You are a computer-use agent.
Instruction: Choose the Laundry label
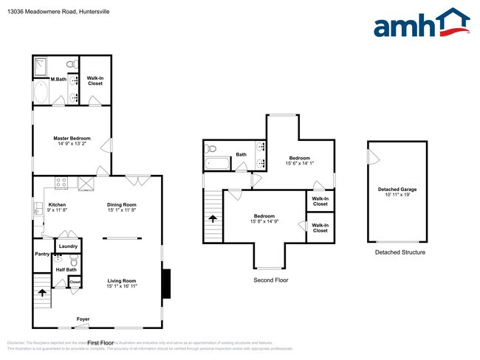click(x=69, y=246)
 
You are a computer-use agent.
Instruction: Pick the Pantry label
click(x=41, y=255)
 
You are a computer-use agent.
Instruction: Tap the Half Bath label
click(x=66, y=269)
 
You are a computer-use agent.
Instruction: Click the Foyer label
click(x=83, y=319)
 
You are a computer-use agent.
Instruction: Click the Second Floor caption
click(x=271, y=280)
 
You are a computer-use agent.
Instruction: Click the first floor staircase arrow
click(x=42, y=292)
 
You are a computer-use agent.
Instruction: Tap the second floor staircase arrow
click(x=213, y=218)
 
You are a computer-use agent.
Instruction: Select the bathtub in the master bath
click(x=41, y=93)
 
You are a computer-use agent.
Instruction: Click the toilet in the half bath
click(x=73, y=260)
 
